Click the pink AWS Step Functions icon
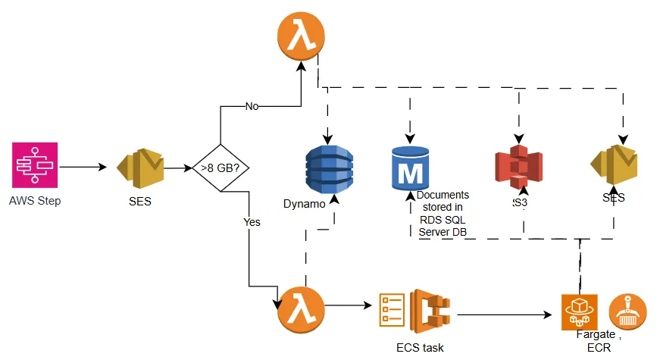pyautogui.click(x=34, y=166)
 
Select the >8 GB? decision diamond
pyautogui.click(x=220, y=167)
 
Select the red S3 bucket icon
pyautogui.click(x=518, y=171)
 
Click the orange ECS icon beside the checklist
pyautogui.click(x=430, y=309)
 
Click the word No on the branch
pyautogui.click(x=252, y=107)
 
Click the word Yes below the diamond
pyautogui.click(x=251, y=223)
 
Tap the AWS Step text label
pyautogui.click(x=35, y=201)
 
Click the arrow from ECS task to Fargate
pyautogui.click(x=504, y=312)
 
